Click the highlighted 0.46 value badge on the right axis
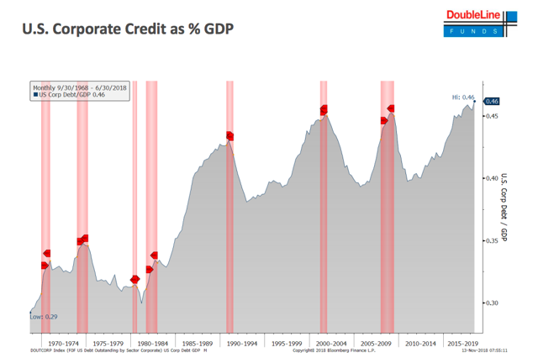pos(493,102)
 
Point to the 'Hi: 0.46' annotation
pos(463,97)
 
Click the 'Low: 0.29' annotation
pos(43,317)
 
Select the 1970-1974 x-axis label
pos(63,343)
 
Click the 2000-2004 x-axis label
pos(329,343)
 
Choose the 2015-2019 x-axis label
pos(463,343)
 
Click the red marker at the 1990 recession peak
pos(229,136)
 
